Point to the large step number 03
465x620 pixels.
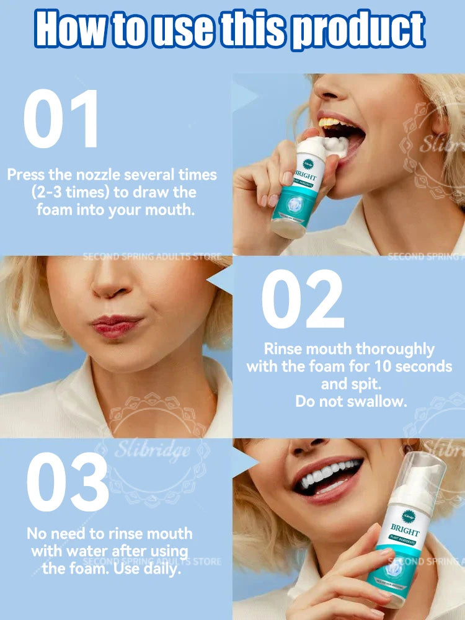pyautogui.click(x=68, y=482)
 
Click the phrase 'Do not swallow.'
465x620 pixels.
pyautogui.click(x=351, y=401)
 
